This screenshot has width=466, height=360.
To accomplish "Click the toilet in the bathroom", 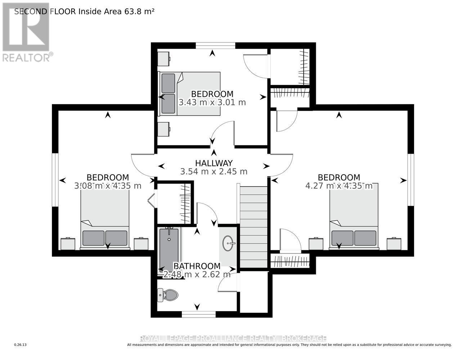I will [x=169, y=295].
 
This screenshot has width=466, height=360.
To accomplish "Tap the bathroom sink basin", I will [x=228, y=243].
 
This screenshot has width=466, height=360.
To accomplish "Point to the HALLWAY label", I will [x=214, y=163].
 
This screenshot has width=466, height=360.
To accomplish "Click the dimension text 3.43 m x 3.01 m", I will [x=212, y=102].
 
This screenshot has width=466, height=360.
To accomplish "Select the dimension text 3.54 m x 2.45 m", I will [x=214, y=172].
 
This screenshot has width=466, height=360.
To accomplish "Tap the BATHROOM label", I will [x=197, y=266].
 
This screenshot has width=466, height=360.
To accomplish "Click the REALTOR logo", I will [x=27, y=32].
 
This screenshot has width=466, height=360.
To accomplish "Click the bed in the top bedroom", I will [x=190, y=94].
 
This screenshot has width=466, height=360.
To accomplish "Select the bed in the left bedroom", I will [x=105, y=220].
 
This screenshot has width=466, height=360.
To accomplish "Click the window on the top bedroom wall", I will [x=215, y=45].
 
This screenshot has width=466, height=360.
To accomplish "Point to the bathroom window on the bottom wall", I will [x=198, y=314].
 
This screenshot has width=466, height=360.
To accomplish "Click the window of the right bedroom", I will [x=411, y=180].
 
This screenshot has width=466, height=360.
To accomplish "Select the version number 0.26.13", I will [x=21, y=345].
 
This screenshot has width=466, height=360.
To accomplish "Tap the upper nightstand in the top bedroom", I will [x=164, y=59].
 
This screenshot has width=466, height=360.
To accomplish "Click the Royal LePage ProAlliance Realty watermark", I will [x=233, y=338].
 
